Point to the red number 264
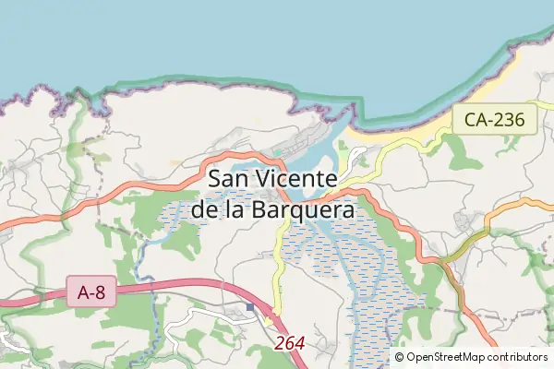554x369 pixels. coord(290,343)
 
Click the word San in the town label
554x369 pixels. coord(230,179)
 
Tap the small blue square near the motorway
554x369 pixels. coord(249,306)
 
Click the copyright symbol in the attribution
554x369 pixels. coord(399,357)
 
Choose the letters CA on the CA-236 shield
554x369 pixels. coord(474,118)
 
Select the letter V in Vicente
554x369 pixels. coord(266,179)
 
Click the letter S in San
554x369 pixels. coord(217,179)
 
